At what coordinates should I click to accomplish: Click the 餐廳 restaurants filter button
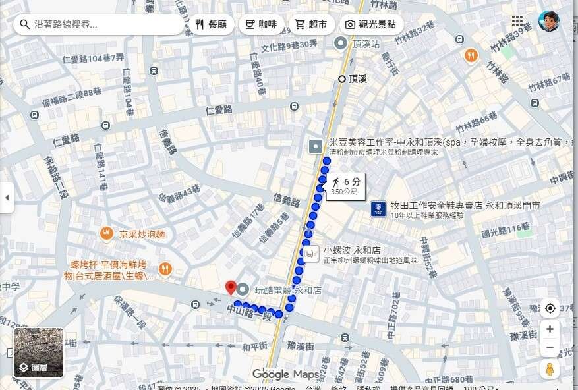pyautogui.click(x=211, y=24)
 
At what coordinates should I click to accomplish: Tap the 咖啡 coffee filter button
pyautogui.click(x=260, y=24)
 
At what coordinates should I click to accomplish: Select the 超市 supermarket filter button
pyautogui.click(x=310, y=24)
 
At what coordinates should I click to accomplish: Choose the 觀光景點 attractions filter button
pyautogui.click(x=370, y=24)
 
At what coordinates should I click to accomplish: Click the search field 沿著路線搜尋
pyautogui.click(x=99, y=24)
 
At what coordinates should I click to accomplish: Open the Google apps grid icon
pyautogui.click(x=517, y=21)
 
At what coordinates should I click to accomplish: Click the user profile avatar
pyautogui.click(x=548, y=21)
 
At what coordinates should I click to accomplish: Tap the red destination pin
pyautogui.click(x=231, y=287)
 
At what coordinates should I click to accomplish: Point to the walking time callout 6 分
pyautogui.click(x=346, y=186)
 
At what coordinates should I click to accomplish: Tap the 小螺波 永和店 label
pyautogui.click(x=351, y=250)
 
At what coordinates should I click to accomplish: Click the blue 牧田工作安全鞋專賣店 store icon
pyautogui.click(x=378, y=209)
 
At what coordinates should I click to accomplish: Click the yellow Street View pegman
pyautogui.click(x=549, y=369)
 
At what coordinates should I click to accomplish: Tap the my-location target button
pyautogui.click(x=549, y=308)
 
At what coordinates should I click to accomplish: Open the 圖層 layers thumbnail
pyautogui.click(x=39, y=352)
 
